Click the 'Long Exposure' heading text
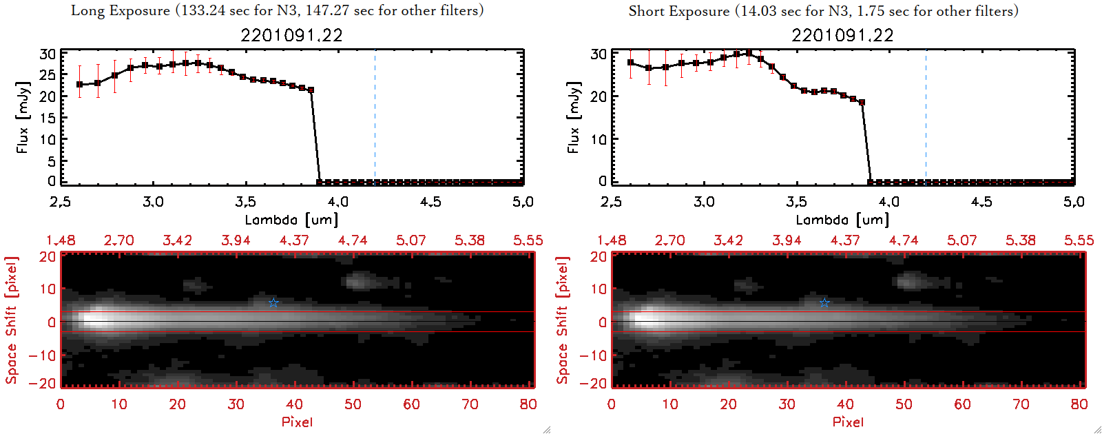pos(121,10)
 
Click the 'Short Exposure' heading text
pos(678,11)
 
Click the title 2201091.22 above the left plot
pos(291,35)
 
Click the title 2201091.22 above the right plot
pos(842,35)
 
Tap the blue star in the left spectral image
pos(273,303)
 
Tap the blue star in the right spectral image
pos(824,303)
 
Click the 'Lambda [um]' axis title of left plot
pos(291,220)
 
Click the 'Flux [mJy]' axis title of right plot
pos(573,117)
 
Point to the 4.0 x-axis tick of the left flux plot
pos(337,202)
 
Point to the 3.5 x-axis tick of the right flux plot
pos(796,202)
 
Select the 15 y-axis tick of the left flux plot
pos(48,118)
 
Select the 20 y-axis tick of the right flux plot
pos(599,96)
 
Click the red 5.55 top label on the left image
pos(528,240)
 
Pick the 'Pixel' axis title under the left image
pos(297,422)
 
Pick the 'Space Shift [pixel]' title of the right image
pos(563,320)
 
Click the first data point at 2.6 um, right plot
pos(631,63)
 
